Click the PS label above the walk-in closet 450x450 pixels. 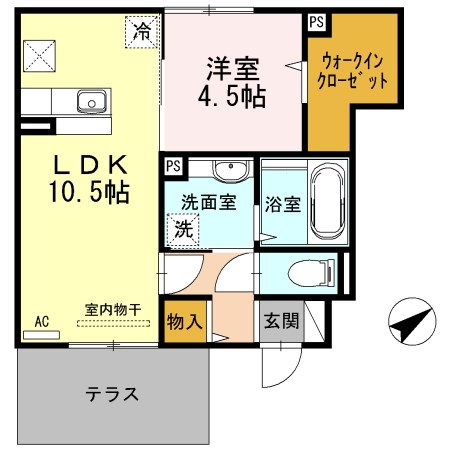[317, 20]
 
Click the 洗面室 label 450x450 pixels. [208, 201]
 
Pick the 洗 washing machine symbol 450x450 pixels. [184, 229]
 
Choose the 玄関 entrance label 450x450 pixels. [279, 322]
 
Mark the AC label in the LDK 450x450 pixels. [42, 321]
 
